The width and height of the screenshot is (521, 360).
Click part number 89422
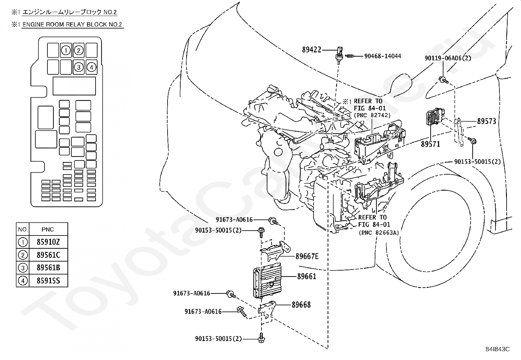pos(312,49)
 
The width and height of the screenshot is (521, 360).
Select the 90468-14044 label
pos(383,56)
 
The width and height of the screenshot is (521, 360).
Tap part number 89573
pos(487,121)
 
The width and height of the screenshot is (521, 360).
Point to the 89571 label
pos(431,144)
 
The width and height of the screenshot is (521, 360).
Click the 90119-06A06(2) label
pos(448,58)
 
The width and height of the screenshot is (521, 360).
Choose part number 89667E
pos(307,256)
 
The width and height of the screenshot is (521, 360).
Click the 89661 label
pos(307,276)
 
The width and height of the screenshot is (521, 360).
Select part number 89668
pos(301,305)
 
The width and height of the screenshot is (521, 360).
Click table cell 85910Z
pos(48,242)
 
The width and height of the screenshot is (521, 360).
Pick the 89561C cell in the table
pos(48,255)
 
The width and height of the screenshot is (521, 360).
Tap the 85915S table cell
pos(48,281)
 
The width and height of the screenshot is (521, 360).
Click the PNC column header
pos(48,229)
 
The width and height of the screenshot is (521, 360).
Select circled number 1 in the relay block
pos(66,50)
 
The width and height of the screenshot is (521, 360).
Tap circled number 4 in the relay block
pos(91,67)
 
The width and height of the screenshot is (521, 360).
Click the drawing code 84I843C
pos(497,349)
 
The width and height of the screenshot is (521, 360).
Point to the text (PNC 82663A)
pos(379,232)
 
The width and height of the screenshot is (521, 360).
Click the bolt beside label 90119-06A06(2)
pos(443,80)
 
